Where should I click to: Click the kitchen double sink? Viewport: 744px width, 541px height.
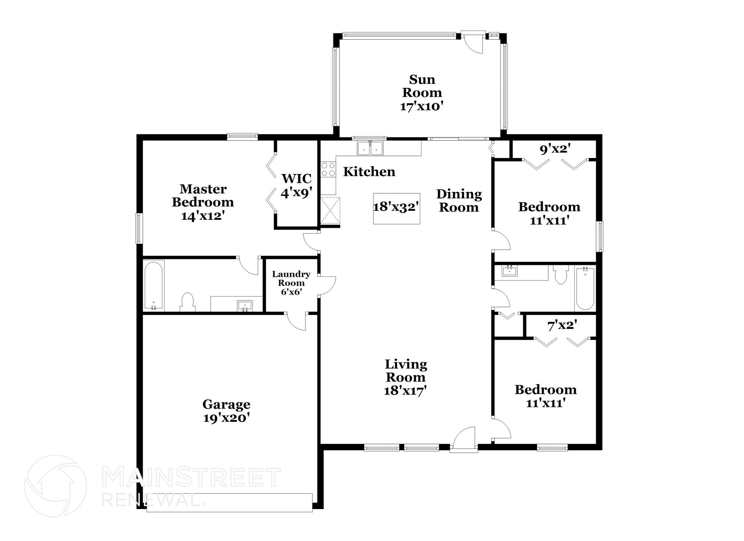click(x=370, y=148)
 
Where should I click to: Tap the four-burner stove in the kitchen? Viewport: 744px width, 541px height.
click(x=328, y=170)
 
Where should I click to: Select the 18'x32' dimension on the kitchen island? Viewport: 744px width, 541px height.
click(x=396, y=207)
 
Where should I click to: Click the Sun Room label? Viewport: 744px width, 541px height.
click(x=422, y=86)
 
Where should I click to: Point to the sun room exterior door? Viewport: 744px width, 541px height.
click(x=474, y=42)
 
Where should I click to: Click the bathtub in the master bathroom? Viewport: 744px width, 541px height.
click(x=154, y=286)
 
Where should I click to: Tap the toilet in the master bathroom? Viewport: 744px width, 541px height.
click(x=187, y=302)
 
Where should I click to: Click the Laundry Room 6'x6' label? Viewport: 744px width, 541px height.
click(x=291, y=283)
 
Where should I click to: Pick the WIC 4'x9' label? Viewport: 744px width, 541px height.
click(x=296, y=186)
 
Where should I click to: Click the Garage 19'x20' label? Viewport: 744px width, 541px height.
click(x=226, y=411)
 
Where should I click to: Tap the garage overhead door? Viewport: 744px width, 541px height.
click(x=230, y=503)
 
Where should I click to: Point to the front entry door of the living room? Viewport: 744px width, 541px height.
click(x=464, y=440)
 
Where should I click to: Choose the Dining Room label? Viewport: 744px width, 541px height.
click(x=459, y=201)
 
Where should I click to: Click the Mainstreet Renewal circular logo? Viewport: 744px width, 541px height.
click(x=56, y=486)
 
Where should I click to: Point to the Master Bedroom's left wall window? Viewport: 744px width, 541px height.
click(x=139, y=228)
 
